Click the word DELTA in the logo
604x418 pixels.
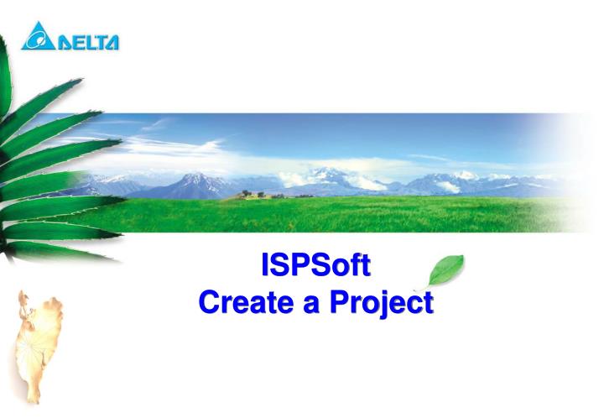87,40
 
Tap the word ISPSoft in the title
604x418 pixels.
315,266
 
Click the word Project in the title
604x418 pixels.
383,303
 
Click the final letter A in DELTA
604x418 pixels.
111,40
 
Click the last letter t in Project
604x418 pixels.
427,303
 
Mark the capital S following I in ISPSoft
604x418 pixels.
280,266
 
